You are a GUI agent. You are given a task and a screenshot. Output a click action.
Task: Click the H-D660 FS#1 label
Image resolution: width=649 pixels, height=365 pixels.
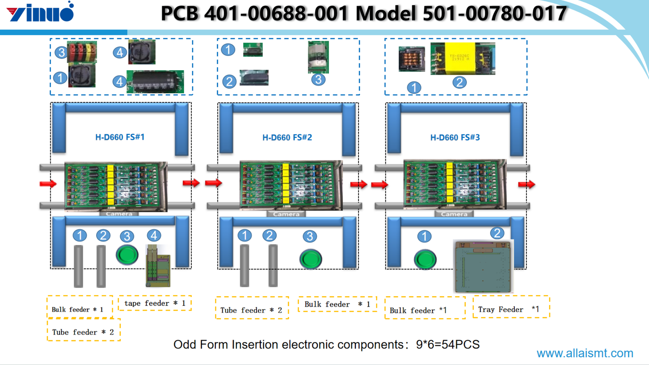click(x=120, y=137)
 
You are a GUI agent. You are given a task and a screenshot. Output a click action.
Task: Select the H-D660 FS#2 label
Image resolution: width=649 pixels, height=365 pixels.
click(x=287, y=137)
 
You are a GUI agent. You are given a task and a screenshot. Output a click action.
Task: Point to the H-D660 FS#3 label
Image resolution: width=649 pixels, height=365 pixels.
click(x=455, y=137)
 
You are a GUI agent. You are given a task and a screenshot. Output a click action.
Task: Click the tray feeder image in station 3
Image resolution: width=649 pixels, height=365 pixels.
click(x=483, y=266)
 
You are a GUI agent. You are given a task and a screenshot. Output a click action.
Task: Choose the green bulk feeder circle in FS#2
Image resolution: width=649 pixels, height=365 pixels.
click(x=311, y=259)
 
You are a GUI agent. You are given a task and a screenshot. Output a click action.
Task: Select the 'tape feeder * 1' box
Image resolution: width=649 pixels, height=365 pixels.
click(x=155, y=303)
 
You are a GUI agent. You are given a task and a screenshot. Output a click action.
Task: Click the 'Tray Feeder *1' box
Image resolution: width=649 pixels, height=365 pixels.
click(x=511, y=309)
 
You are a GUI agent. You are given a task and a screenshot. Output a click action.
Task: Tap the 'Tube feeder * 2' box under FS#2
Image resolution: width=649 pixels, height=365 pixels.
click(x=251, y=310)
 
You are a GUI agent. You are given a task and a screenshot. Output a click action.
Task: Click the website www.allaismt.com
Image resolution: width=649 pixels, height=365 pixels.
click(x=585, y=353)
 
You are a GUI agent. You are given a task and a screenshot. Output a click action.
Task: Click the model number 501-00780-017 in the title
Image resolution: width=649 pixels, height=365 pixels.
click(x=494, y=13)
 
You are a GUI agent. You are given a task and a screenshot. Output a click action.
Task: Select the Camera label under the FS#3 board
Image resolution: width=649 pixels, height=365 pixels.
click(x=454, y=214)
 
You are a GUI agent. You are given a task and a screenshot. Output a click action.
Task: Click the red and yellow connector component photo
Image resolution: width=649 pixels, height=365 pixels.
click(x=82, y=52)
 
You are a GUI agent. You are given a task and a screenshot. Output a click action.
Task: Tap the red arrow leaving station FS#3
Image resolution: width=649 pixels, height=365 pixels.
click(x=527, y=185)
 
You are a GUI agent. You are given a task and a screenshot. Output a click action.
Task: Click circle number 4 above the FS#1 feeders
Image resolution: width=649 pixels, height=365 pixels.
click(x=154, y=235)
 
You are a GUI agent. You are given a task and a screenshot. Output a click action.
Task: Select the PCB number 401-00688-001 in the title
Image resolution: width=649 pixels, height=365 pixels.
click(x=276, y=13)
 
